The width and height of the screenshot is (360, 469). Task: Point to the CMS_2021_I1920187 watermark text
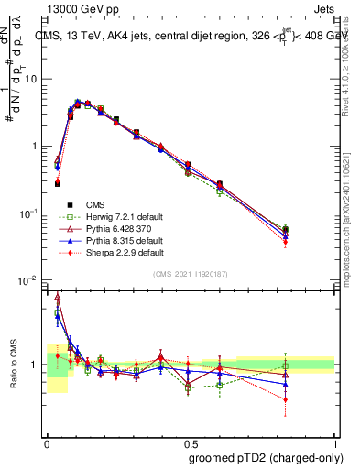[x=191, y=275]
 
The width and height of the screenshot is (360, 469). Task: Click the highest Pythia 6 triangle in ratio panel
[x=59, y=297]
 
